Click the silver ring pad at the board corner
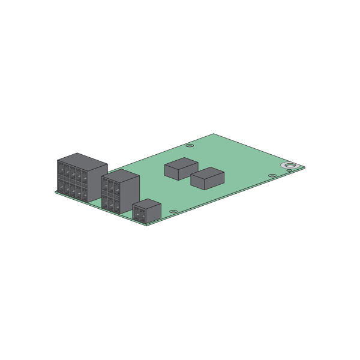click(x=290, y=163)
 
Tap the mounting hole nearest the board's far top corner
click(x=190, y=145)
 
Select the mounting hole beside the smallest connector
click(x=173, y=212)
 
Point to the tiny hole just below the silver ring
click(x=289, y=171)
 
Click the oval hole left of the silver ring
click(x=272, y=176)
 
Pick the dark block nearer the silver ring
click(x=207, y=178)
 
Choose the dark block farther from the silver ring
click(x=181, y=169)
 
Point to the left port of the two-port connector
click(x=137, y=212)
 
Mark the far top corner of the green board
click(x=214, y=134)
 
